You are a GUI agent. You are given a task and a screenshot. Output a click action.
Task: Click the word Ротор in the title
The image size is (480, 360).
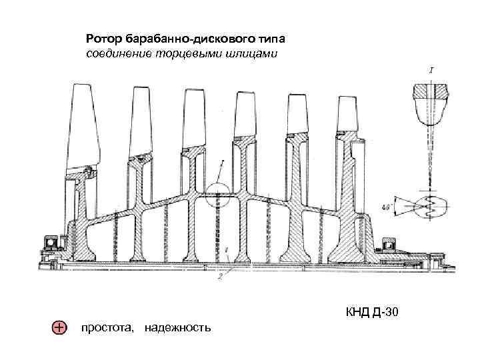(101, 38)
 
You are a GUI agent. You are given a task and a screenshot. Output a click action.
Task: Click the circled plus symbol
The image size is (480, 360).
(59, 328)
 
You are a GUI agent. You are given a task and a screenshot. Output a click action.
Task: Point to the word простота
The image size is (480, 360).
(107, 328)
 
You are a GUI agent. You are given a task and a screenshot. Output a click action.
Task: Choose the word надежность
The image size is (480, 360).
(177, 328)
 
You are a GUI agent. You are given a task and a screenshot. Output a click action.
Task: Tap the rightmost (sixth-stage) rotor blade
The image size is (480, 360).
(347, 113)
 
